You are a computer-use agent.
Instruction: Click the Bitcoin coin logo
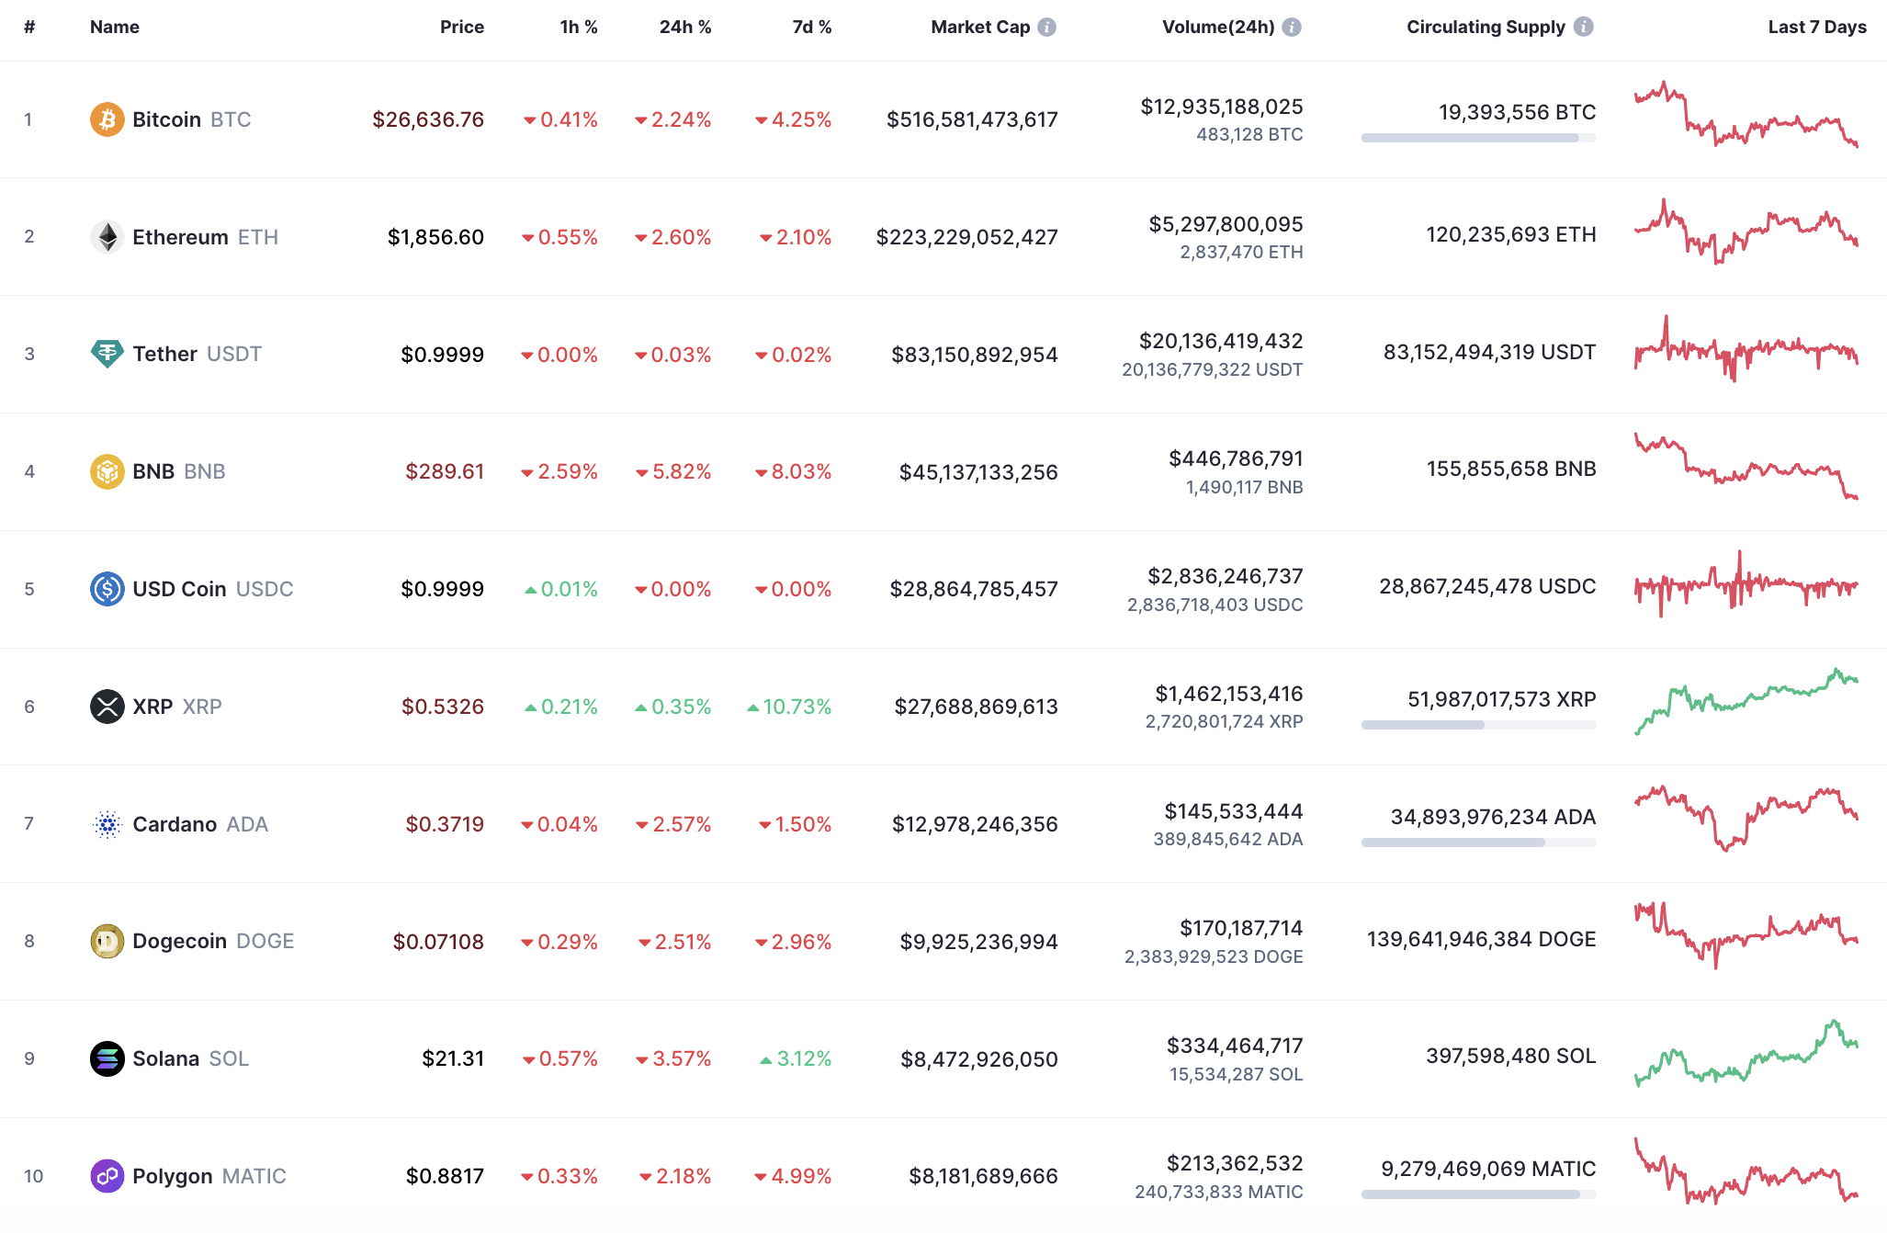(107, 119)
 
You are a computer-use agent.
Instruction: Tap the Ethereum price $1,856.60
(435, 237)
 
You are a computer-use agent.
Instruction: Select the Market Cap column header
(979, 27)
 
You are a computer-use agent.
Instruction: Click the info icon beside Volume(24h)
(1292, 27)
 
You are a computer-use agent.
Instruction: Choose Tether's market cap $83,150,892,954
(974, 355)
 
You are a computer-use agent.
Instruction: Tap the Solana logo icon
(107, 1058)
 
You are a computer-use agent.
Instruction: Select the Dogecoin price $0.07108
(438, 942)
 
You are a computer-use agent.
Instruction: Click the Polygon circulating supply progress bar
(1478, 1194)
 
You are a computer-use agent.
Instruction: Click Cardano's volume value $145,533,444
(1233, 811)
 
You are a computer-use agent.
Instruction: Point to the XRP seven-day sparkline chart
(1746, 702)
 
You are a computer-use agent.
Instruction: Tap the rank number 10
(33, 1176)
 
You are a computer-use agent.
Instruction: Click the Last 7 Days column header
(1816, 27)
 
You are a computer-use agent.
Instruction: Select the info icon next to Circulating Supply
(1583, 27)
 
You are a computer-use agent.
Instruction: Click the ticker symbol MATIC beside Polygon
(254, 1176)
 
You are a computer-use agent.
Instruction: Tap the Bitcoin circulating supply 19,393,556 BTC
(1517, 112)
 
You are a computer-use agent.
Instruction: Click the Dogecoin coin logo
(107, 941)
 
